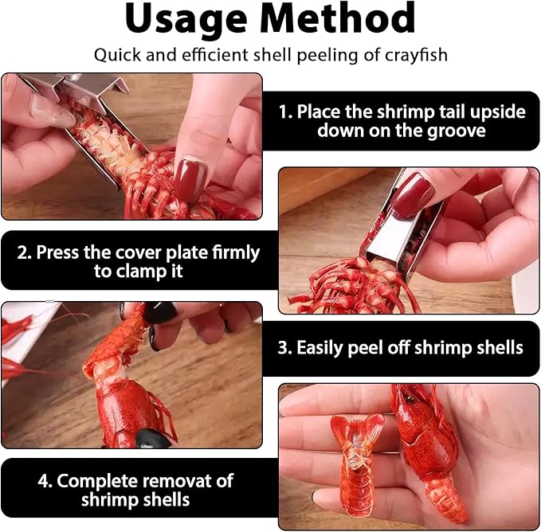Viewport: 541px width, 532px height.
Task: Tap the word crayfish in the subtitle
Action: (417, 56)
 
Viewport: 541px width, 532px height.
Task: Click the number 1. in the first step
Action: (285, 111)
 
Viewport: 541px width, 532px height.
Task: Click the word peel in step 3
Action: (392, 348)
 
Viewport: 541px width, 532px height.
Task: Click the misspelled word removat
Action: (195, 480)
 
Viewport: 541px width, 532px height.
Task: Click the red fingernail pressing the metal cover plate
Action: (412, 194)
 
